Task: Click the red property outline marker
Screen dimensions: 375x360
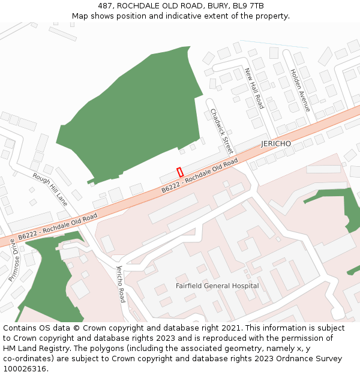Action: [180, 172]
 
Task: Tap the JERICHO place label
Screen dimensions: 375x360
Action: [276, 144]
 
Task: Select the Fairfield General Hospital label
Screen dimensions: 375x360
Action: [217, 286]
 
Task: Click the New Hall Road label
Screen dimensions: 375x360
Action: [254, 88]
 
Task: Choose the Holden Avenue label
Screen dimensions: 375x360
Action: [300, 90]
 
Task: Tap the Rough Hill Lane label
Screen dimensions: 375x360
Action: [50, 190]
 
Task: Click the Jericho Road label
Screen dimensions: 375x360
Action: [121, 283]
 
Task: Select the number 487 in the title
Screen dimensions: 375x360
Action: [106, 6]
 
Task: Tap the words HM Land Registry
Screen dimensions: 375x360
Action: [31, 349]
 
